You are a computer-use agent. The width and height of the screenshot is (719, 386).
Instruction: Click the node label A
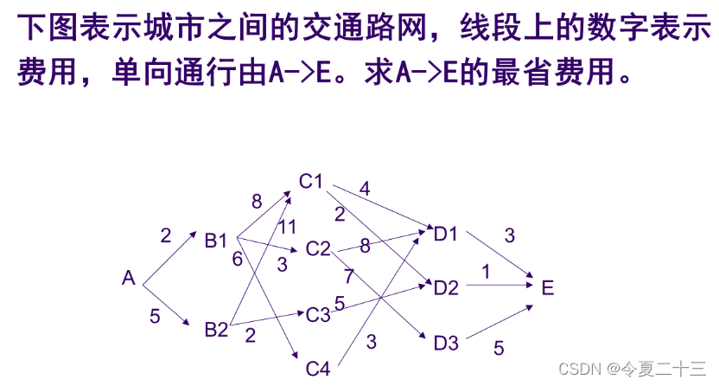pos(129,278)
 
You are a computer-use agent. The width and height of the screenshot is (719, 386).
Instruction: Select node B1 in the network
pos(216,240)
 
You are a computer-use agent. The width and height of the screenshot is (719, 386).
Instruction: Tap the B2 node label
pos(216,329)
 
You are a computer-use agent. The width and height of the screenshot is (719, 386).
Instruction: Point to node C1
pos(311,181)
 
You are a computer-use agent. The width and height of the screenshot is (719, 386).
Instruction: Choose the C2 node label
pos(318,249)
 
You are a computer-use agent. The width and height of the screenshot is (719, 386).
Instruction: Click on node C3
pos(318,313)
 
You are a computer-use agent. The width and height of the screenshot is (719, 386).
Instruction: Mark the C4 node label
pos(318,368)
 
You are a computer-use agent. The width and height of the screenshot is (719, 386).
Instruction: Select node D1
pos(446,233)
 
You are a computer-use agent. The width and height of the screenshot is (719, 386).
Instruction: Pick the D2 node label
pos(446,287)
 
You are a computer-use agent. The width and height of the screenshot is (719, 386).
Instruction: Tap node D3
pos(446,342)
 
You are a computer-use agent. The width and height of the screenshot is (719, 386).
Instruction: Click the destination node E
pos(547,287)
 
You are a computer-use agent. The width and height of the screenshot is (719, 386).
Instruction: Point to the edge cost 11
pos(287,227)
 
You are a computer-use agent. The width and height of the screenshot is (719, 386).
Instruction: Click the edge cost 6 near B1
pos(237,258)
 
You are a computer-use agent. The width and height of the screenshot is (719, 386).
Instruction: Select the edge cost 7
pos(348,277)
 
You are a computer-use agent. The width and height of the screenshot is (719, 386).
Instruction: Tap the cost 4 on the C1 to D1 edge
pos(365,188)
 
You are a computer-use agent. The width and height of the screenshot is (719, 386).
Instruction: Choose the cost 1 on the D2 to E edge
pos(486,272)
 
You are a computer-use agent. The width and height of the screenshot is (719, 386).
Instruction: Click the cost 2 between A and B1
pos(165,234)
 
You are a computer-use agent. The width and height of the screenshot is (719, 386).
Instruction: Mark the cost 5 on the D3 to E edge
pos(499,348)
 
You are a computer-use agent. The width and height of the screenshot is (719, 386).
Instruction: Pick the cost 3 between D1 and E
pos(509,235)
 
